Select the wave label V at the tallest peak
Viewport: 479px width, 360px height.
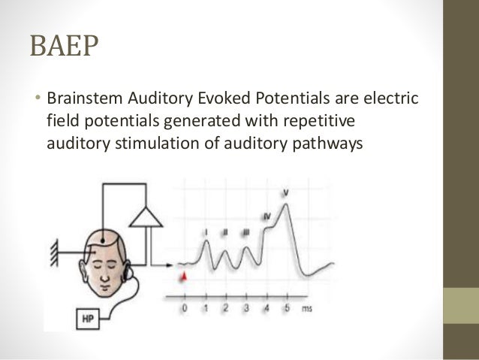pos(286,194)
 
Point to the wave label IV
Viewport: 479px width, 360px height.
pos(267,217)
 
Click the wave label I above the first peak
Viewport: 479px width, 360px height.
pos(206,233)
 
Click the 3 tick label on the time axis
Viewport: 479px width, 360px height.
pos(246,308)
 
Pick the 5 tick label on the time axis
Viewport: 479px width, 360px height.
pos(285,308)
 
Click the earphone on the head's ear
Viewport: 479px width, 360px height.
pos(131,267)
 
